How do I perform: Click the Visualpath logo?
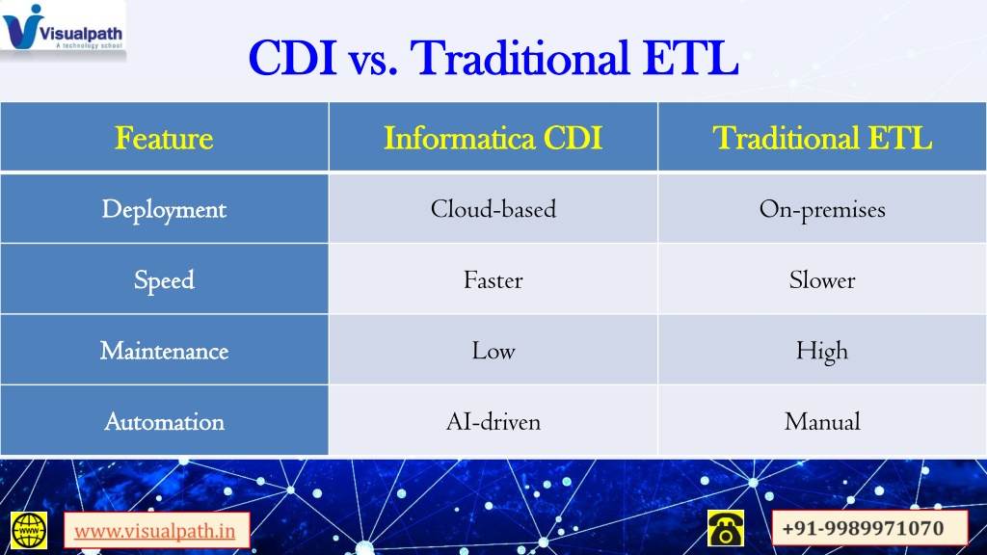(63, 28)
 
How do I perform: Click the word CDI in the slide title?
(292, 59)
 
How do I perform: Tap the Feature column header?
(164, 139)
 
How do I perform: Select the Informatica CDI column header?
(493, 139)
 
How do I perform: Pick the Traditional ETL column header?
(822, 139)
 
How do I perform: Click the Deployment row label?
(164, 209)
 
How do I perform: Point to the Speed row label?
(164, 280)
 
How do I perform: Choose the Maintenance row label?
(164, 351)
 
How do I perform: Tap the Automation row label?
(164, 422)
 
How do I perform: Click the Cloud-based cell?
(493, 209)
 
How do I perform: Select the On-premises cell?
(822, 210)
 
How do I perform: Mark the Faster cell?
(493, 280)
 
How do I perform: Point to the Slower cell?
(822, 280)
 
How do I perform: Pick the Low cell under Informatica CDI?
(493, 351)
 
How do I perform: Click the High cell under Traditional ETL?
(822, 352)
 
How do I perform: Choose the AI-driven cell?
(493, 422)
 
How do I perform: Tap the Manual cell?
(822, 422)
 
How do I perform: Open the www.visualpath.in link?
(155, 531)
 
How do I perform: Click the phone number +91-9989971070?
(863, 528)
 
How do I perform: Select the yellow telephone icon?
(725, 528)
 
